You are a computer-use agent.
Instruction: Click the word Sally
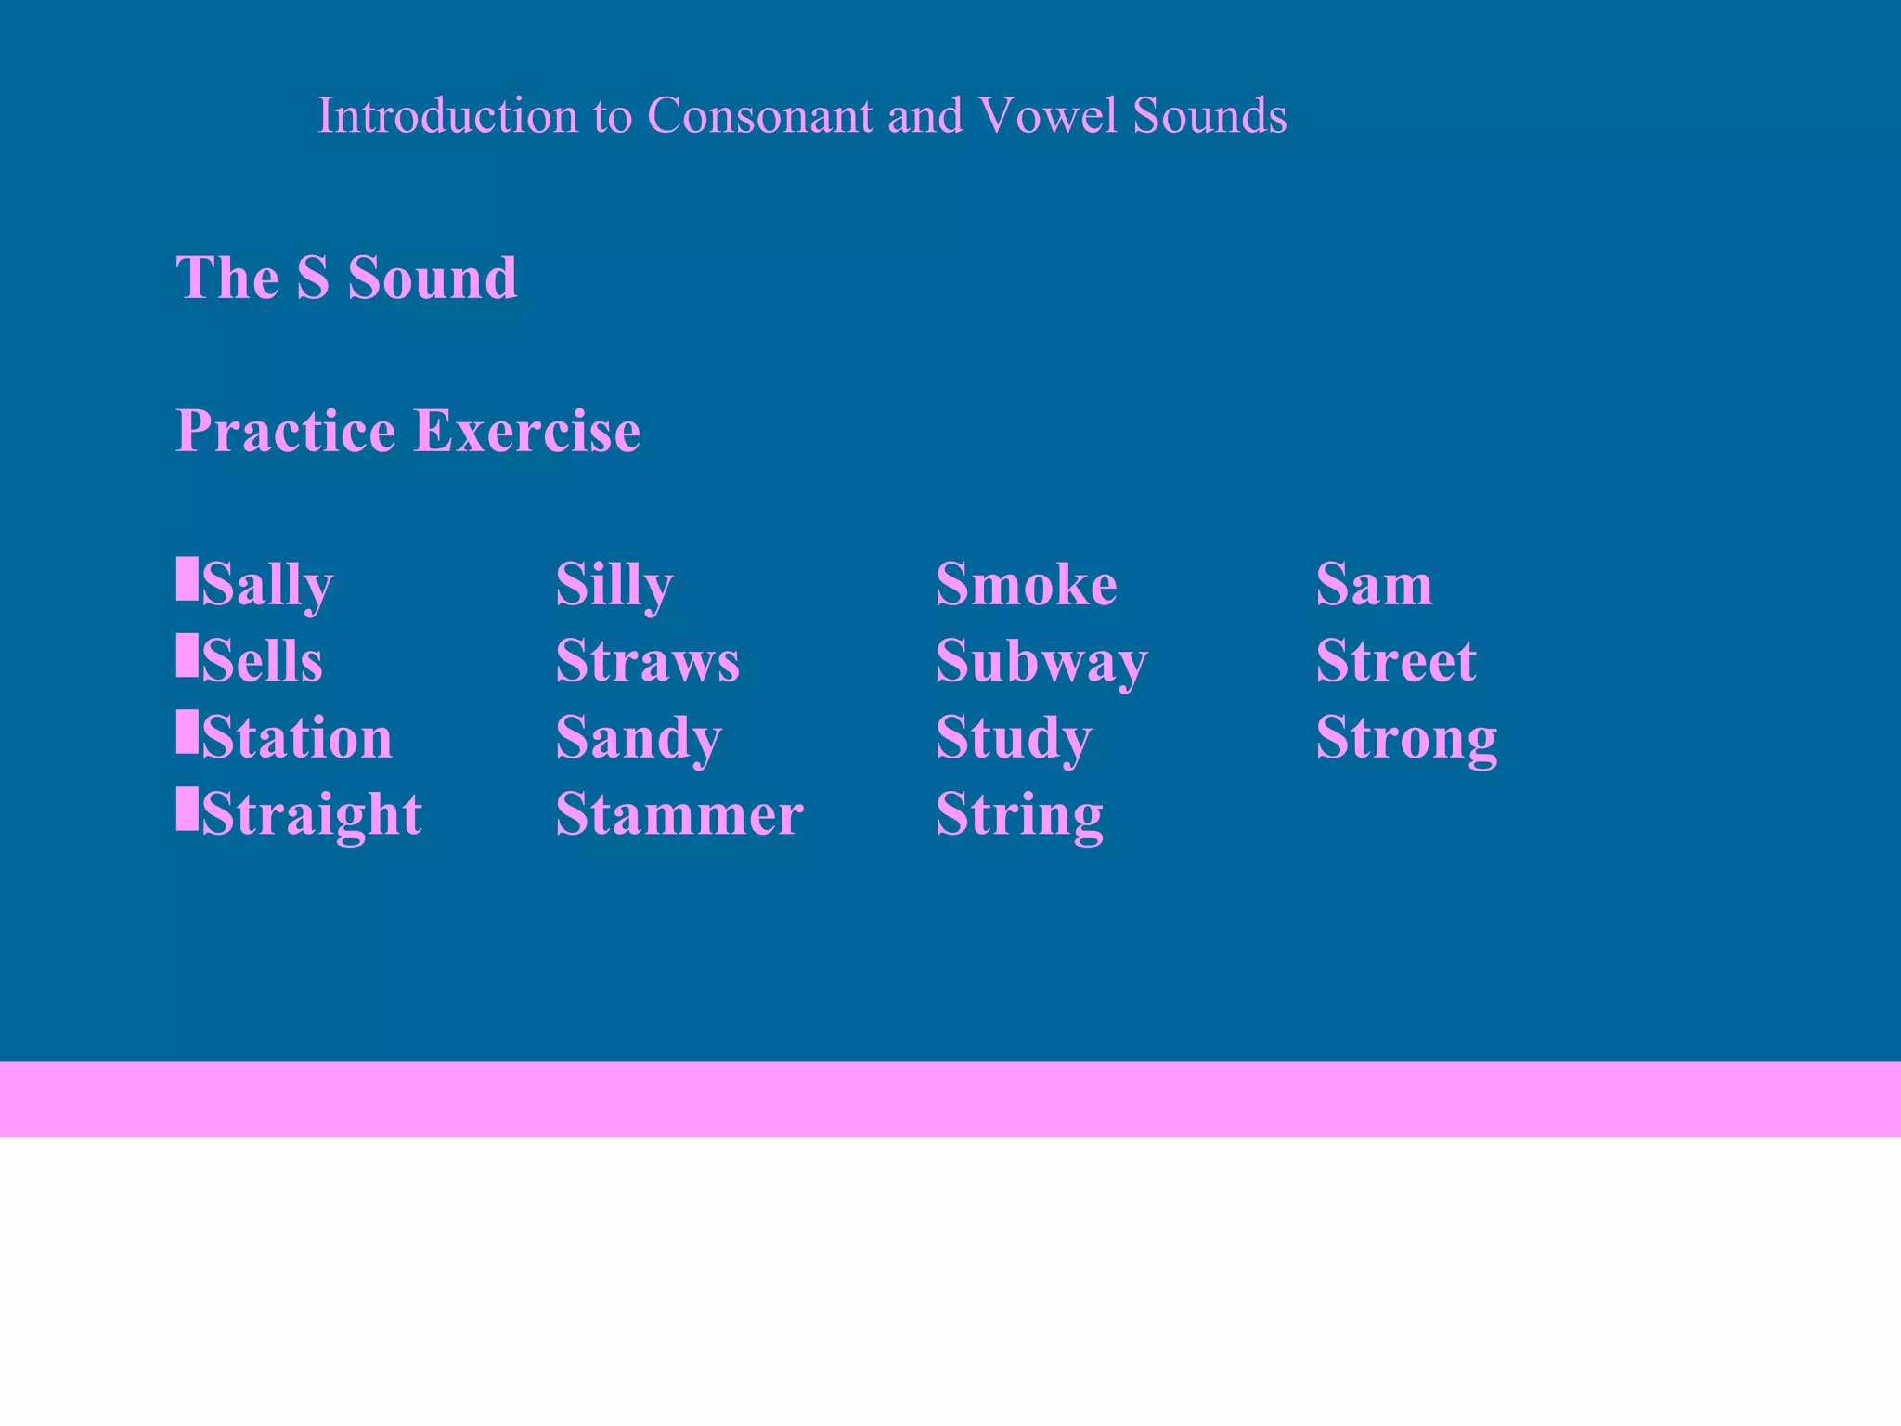[x=267, y=585]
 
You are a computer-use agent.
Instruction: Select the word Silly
[x=614, y=585]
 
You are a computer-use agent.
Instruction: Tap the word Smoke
[x=1026, y=585]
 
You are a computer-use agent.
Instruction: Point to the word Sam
[x=1374, y=585]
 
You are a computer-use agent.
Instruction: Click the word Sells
[x=262, y=661]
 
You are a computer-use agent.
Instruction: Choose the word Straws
[x=647, y=661]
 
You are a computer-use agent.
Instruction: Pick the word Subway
[x=1041, y=661]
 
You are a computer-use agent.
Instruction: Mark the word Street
[x=1396, y=661]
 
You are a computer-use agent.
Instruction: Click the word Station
[x=297, y=738]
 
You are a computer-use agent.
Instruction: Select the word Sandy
[x=639, y=738]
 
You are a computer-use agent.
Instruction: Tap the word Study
[x=1014, y=738]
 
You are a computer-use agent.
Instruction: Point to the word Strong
[x=1406, y=738]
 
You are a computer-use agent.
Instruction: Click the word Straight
[x=312, y=814]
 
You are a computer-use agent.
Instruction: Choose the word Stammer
[x=679, y=814]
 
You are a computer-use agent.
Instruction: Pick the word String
[x=1019, y=814]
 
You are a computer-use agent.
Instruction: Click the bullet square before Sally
[x=187, y=578]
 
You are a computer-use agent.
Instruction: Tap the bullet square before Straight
[x=187, y=808]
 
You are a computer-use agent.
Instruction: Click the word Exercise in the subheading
[x=526, y=431]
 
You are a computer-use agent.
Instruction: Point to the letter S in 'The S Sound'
[x=313, y=278]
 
